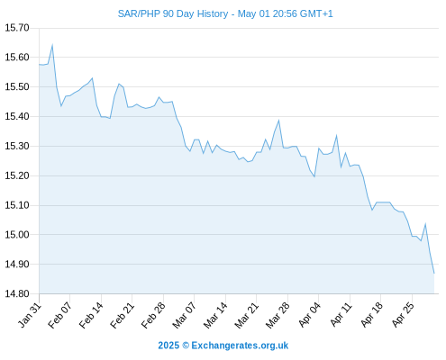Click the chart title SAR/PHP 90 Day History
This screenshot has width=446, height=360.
coord(173,14)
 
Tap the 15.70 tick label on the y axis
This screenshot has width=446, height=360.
coord(17,28)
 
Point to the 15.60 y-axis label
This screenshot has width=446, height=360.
coord(17,58)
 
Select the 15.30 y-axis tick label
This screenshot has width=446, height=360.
coord(17,146)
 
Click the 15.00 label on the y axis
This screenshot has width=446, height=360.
coord(17,235)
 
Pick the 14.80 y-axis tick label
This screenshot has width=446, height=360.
coord(17,293)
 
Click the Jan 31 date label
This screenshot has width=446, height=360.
coord(30,315)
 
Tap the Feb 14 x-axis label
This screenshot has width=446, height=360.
coord(91,315)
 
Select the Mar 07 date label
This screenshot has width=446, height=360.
coord(184,315)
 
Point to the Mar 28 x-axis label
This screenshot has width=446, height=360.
coord(278,315)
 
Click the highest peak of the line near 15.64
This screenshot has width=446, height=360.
coord(52,45)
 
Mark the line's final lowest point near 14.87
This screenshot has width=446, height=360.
coord(434,273)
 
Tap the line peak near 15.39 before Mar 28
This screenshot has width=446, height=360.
coord(278,121)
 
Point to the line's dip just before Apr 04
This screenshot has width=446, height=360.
coord(314,176)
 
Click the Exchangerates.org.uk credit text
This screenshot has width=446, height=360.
coord(240,346)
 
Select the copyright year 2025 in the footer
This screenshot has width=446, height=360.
coord(168,346)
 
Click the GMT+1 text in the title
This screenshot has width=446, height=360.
coord(316,14)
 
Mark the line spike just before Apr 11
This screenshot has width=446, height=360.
coord(337,136)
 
